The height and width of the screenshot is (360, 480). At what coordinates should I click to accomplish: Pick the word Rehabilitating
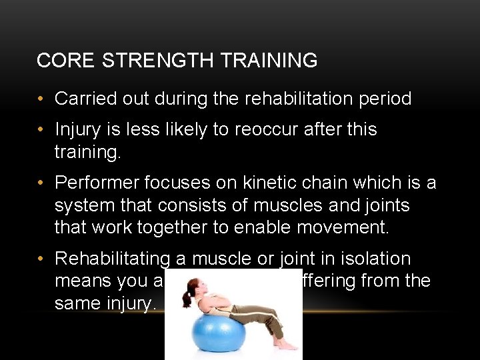121,259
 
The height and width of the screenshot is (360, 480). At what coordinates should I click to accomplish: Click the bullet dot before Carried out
41,99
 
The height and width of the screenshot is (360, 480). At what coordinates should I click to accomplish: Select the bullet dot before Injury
41,130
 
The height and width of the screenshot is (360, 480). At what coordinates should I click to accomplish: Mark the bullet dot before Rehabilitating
41,259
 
